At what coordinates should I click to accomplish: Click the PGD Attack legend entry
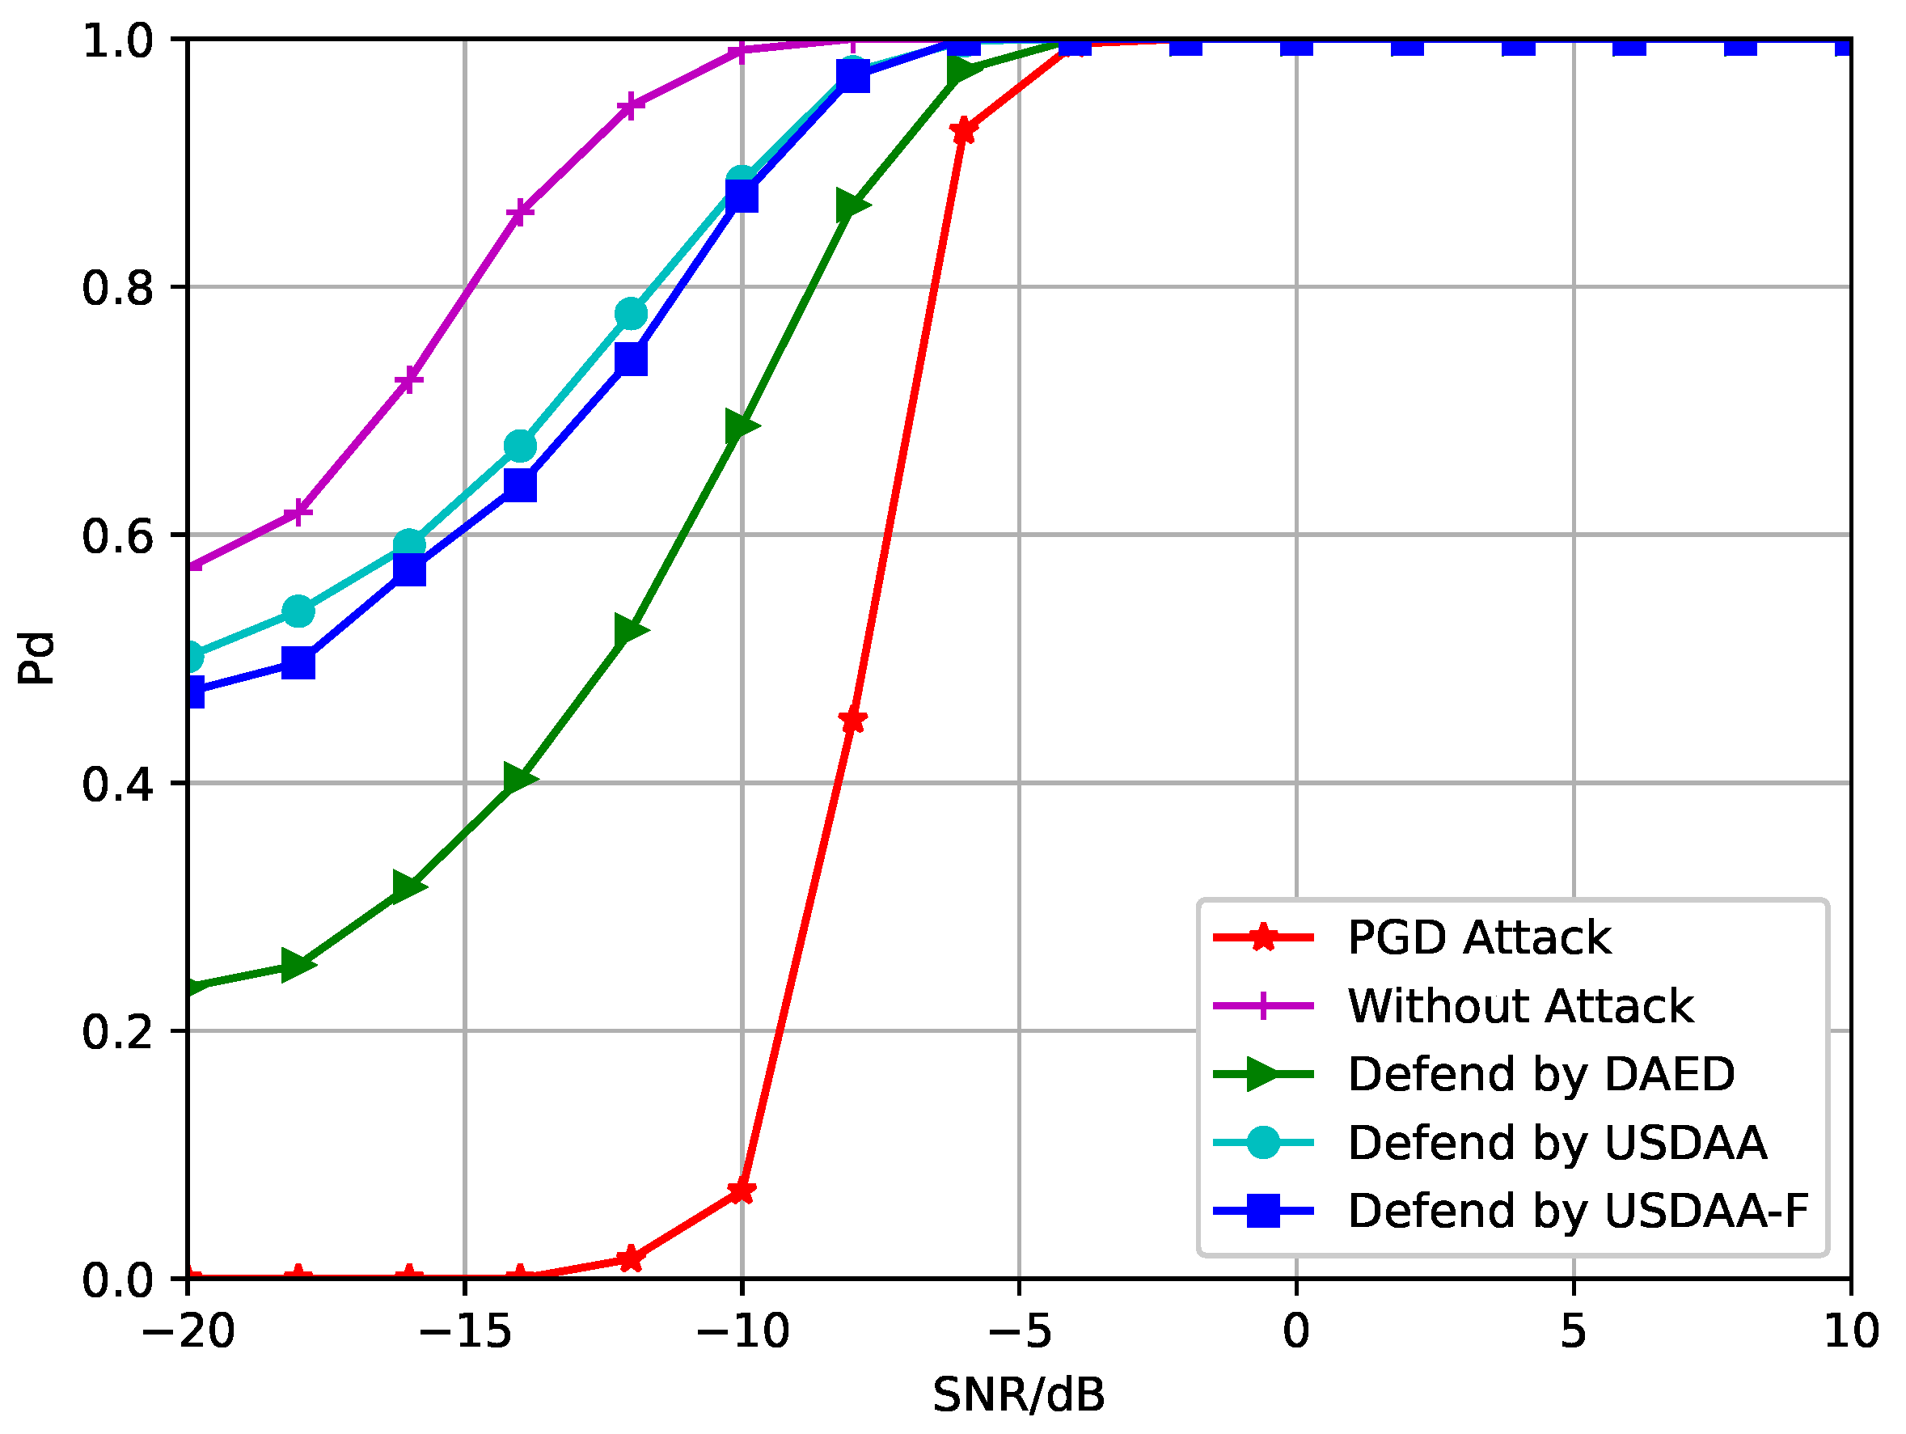point(1477,937)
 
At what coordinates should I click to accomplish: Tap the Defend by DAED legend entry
point(1540,1074)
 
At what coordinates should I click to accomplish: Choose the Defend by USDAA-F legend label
point(1577,1211)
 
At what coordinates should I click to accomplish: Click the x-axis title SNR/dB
point(1018,1395)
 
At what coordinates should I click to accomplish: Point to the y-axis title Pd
point(36,658)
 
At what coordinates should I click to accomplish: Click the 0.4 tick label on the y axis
point(118,785)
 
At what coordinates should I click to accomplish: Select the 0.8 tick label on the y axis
point(118,288)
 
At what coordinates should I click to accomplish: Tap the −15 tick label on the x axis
point(465,1332)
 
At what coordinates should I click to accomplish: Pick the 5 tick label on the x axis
point(1574,1332)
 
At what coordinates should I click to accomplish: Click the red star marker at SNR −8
point(852,721)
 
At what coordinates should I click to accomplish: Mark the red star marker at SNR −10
point(742,1192)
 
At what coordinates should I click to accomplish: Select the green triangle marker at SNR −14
point(520,778)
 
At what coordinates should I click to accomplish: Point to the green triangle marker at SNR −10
point(742,425)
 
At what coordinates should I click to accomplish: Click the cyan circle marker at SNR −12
point(631,314)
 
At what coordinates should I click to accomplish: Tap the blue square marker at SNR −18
point(298,663)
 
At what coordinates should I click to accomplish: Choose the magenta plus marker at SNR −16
point(409,380)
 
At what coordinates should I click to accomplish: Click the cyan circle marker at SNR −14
point(520,446)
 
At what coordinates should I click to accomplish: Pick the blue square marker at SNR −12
point(631,359)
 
